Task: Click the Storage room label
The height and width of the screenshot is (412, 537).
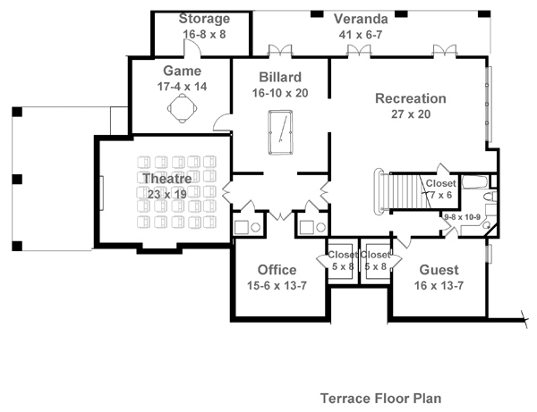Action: click(x=204, y=19)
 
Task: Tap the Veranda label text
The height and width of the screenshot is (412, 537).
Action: click(x=361, y=18)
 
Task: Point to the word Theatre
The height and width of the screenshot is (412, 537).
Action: click(x=167, y=179)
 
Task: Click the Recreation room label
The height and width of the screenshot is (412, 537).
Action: click(x=411, y=98)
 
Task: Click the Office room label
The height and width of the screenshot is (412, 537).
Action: click(x=277, y=269)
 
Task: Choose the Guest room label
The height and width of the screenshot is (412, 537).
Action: click(x=439, y=270)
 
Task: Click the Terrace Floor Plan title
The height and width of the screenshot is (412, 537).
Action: click(x=379, y=396)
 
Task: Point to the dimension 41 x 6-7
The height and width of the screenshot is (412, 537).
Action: click(x=362, y=33)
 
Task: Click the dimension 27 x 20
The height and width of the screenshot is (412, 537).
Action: click(x=411, y=114)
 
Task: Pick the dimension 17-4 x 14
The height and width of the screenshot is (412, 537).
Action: click(x=182, y=86)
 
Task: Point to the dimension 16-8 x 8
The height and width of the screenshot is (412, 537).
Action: click(x=204, y=33)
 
